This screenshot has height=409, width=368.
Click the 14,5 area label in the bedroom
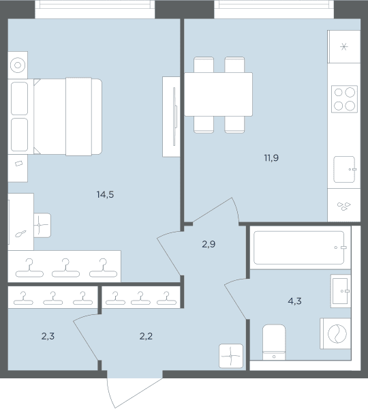tap(105, 194)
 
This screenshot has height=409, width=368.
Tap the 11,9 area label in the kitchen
tap(271, 158)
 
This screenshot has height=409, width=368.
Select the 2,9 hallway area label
tap(209, 244)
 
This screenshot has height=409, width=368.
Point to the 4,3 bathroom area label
tap(294, 301)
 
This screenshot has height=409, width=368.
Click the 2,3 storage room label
tap(48, 337)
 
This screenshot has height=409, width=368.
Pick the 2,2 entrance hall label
tap(146, 337)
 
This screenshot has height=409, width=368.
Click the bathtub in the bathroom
tap(300, 247)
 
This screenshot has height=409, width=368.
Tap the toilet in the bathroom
tap(274, 342)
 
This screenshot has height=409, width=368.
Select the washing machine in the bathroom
tap(335, 333)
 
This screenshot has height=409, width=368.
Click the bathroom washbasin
tap(341, 291)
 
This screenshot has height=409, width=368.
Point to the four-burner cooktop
tap(344, 99)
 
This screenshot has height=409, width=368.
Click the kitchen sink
tap(345, 169)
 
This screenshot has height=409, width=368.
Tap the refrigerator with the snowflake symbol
tap(344, 46)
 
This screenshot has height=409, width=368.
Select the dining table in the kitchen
tap(218, 95)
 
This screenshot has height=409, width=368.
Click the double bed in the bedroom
tap(68, 117)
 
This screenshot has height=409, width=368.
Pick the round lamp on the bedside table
tap(18, 65)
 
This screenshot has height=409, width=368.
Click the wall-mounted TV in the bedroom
tap(174, 117)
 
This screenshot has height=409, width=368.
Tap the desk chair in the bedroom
tap(42, 225)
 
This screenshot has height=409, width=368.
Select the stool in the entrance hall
tap(231, 356)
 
